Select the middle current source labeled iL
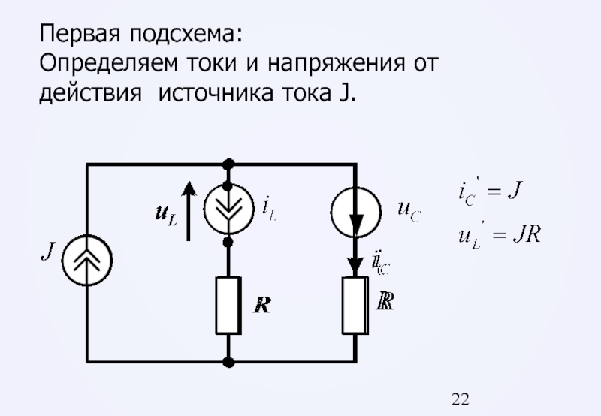point(229,208)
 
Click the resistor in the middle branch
point(228,304)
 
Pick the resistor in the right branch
point(355,304)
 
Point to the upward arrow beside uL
point(189,210)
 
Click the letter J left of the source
point(46,251)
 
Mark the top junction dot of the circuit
point(229,162)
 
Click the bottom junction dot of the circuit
point(229,363)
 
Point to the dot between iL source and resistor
point(229,242)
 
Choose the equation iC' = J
point(490,192)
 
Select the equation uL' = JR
point(499,235)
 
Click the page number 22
point(461,399)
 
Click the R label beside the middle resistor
point(262,305)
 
